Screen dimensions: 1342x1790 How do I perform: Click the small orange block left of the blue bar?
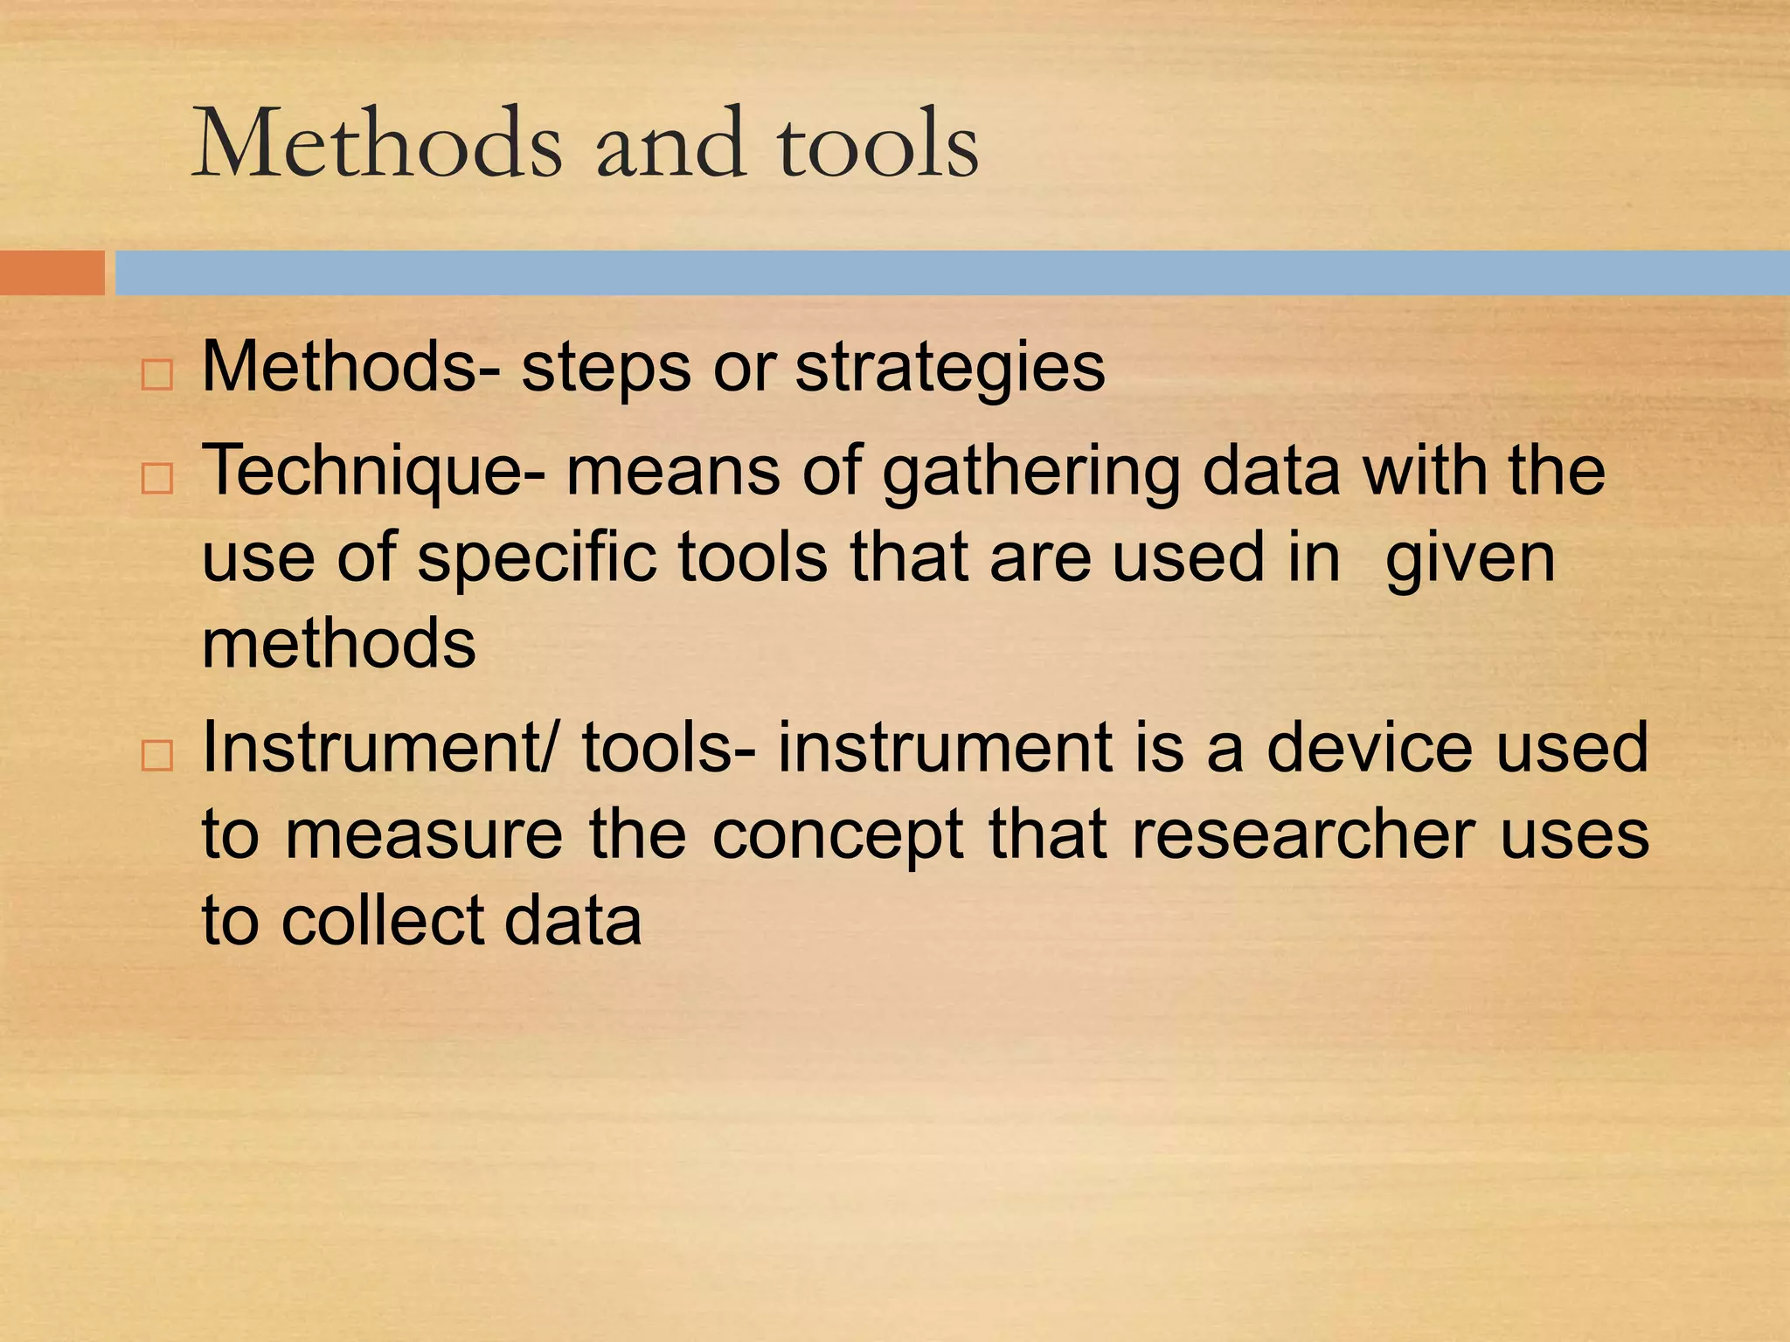click(x=52, y=273)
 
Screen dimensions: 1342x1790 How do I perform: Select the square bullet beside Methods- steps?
click(x=156, y=376)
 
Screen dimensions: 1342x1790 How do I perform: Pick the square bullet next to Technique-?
click(x=156, y=479)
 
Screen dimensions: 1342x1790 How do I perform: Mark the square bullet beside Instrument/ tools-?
click(x=156, y=755)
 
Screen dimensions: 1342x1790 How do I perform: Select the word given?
click(x=1470, y=559)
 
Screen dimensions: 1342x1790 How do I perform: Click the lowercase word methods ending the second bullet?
click(x=339, y=643)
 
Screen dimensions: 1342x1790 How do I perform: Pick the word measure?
click(x=424, y=835)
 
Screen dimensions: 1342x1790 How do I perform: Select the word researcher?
click(x=1303, y=835)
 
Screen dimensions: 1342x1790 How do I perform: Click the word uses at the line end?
click(x=1574, y=835)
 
